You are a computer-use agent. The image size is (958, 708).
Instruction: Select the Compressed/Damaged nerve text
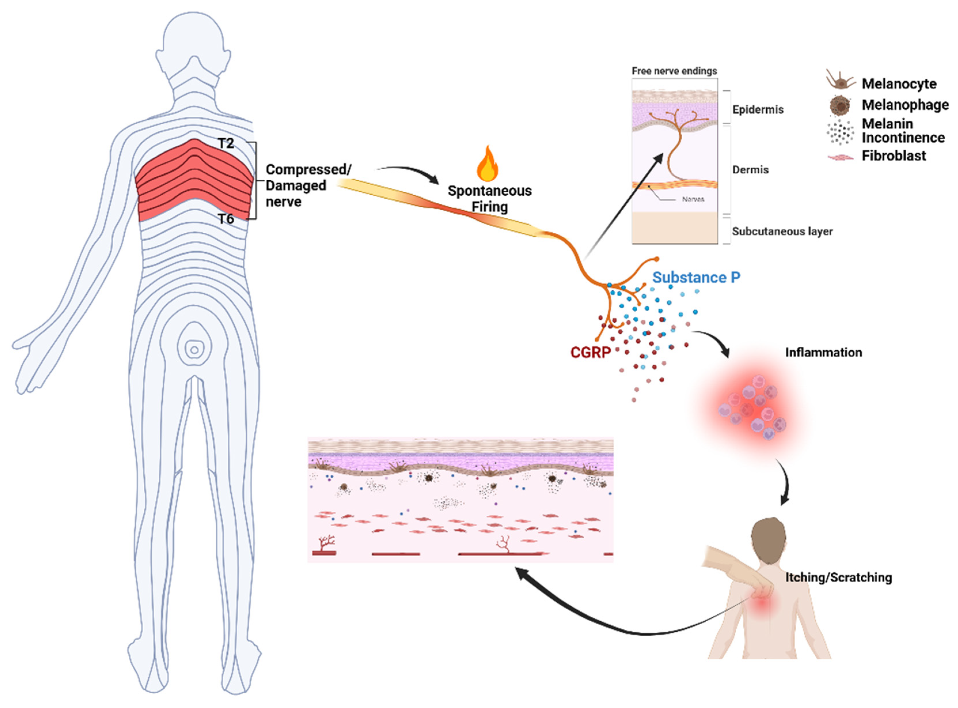[x=306, y=186]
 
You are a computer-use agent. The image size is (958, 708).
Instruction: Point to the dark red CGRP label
[x=590, y=352]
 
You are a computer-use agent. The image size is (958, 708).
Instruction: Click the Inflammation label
[x=823, y=352]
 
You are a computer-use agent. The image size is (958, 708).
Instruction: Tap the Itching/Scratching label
[x=839, y=577]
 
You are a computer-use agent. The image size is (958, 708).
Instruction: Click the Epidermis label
[x=757, y=110]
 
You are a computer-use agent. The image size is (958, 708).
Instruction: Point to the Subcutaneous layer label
[x=782, y=231]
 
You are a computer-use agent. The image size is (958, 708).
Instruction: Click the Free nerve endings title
[x=674, y=71]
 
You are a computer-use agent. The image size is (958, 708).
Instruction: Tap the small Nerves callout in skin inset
[x=693, y=199]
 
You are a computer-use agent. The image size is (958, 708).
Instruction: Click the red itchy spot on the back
[x=763, y=605]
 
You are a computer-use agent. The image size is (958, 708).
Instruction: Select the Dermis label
[x=750, y=170]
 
